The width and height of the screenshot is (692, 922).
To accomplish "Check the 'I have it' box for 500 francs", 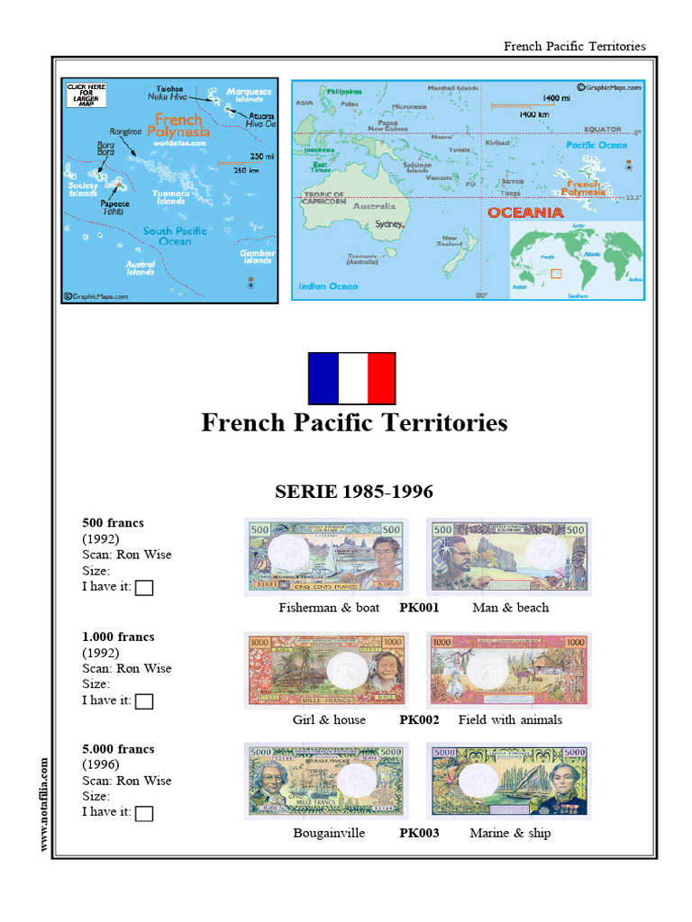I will [144, 588].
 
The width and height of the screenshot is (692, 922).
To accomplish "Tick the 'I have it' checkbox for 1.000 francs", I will [144, 701].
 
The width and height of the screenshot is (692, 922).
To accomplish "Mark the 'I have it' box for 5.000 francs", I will [144, 814].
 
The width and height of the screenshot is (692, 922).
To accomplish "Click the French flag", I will [351, 378].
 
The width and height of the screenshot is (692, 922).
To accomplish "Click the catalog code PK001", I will [419, 608].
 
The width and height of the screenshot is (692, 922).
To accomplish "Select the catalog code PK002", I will [419, 720].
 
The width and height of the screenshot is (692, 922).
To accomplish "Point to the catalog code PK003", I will [419, 833].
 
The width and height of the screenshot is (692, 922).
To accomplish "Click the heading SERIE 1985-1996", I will [353, 492].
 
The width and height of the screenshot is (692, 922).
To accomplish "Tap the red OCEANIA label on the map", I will [525, 213].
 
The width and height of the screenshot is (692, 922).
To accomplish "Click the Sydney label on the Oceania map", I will [388, 223].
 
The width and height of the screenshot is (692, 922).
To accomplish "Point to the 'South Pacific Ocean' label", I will [174, 236].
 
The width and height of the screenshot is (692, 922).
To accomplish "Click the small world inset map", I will [576, 257].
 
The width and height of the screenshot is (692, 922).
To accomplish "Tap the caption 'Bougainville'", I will [329, 833].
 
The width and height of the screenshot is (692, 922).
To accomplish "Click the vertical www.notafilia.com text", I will [42, 803].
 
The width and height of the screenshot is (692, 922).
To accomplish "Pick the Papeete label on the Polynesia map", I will [115, 204].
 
